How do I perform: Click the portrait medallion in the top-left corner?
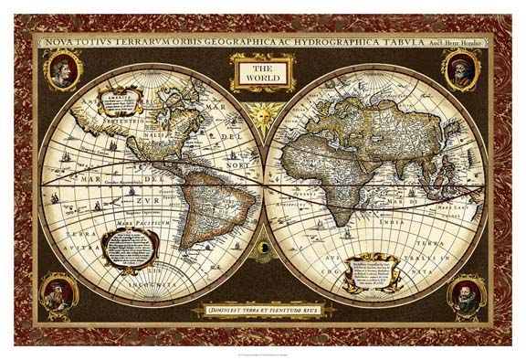63,70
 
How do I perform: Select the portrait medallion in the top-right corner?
461,69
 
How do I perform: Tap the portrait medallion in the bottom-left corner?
59,295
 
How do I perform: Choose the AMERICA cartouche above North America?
120,99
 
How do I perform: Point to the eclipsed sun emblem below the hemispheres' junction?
263,246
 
